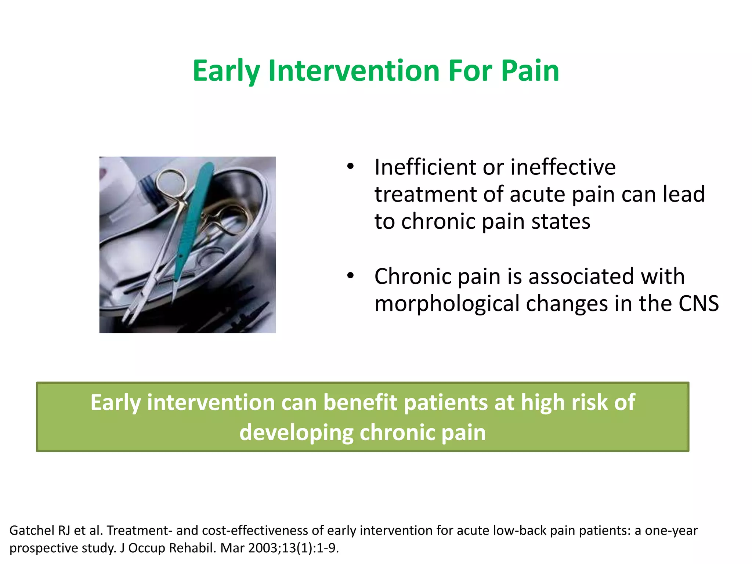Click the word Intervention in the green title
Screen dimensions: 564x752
(x=354, y=70)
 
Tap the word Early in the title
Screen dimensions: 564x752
(x=226, y=70)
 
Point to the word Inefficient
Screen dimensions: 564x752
(x=425, y=167)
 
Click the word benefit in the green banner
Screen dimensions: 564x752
(x=360, y=402)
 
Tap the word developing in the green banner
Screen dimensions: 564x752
(x=296, y=433)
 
